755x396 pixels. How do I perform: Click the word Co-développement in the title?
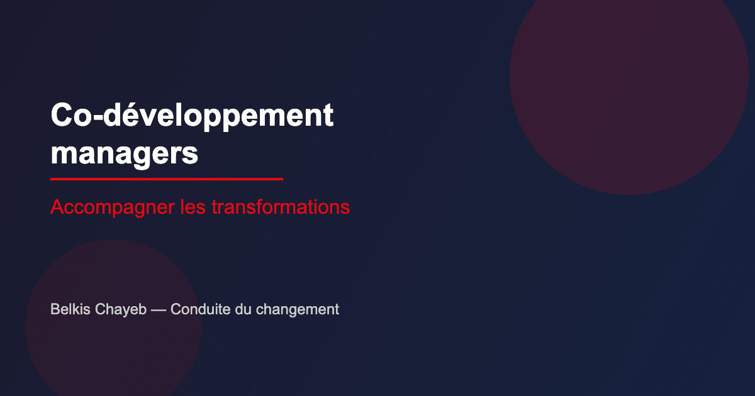coord(192,116)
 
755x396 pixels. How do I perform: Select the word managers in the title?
coord(124,153)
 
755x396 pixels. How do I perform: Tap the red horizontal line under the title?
coord(167,179)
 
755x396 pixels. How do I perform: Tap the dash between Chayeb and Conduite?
coord(159,310)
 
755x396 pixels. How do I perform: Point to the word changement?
coord(298,310)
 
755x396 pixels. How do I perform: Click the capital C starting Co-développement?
coord(61,116)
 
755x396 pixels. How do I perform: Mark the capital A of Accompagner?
coord(57,207)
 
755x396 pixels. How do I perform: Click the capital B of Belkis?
coord(55,309)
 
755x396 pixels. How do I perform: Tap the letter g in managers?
coord(143,156)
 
